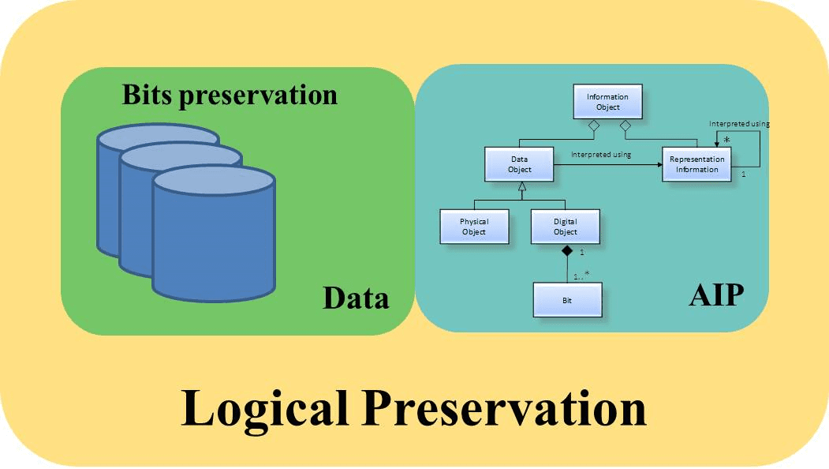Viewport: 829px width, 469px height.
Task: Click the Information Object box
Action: click(608, 101)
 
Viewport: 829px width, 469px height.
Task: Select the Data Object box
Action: click(519, 164)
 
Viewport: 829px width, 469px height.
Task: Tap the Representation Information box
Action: click(696, 164)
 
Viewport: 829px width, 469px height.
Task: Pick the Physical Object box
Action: click(474, 227)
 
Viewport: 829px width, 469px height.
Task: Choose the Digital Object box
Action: click(566, 227)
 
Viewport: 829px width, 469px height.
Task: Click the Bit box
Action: click(567, 300)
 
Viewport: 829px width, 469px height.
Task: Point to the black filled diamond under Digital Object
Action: click(567, 250)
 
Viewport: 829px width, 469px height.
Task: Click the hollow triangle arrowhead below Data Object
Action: click(522, 186)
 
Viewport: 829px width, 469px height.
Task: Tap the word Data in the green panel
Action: click(356, 298)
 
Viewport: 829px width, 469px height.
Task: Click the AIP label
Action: click(716, 295)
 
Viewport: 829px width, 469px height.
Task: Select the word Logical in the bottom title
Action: click(264, 409)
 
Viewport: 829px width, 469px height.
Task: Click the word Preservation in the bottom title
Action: click(504, 407)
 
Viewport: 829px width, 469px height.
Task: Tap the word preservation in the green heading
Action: click(258, 97)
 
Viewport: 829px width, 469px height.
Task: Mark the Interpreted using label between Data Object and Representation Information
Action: click(601, 155)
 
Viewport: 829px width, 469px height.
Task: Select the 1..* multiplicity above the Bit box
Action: click(581, 276)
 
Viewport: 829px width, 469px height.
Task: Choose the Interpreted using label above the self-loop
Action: click(739, 123)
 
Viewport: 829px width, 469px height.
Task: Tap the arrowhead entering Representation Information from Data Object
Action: click(659, 165)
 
